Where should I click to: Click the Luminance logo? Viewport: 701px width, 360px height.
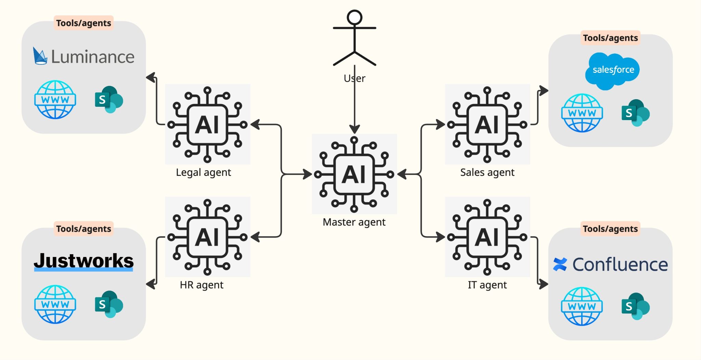(x=84, y=56)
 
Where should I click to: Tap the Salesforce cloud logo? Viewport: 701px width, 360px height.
(x=612, y=70)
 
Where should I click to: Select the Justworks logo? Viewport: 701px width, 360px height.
(x=84, y=261)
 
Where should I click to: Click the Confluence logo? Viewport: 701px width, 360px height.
(x=610, y=265)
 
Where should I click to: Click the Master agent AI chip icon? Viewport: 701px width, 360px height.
(x=354, y=174)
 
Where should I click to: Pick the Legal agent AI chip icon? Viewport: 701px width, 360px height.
(x=207, y=125)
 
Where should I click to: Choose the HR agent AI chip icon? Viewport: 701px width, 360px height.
(x=207, y=237)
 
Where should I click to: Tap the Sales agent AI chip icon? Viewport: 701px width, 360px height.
(x=487, y=125)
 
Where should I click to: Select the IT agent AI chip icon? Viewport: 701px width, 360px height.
(x=487, y=237)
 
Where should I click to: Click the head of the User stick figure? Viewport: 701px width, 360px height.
(x=354, y=17)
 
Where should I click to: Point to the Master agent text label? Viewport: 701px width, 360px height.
(x=354, y=222)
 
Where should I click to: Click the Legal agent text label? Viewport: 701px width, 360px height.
(x=203, y=172)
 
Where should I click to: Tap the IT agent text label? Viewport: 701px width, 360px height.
(x=487, y=285)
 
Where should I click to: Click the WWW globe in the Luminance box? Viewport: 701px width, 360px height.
(x=55, y=100)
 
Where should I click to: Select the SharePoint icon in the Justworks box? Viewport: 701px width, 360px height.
(x=109, y=304)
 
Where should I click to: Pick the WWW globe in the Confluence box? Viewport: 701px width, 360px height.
(x=582, y=306)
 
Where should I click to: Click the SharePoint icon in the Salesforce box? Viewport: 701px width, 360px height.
(x=635, y=113)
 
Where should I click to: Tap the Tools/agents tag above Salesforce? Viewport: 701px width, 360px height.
(x=610, y=38)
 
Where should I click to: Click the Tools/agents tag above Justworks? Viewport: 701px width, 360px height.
(x=84, y=229)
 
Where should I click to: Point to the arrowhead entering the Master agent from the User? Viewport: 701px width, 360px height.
(x=354, y=129)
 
